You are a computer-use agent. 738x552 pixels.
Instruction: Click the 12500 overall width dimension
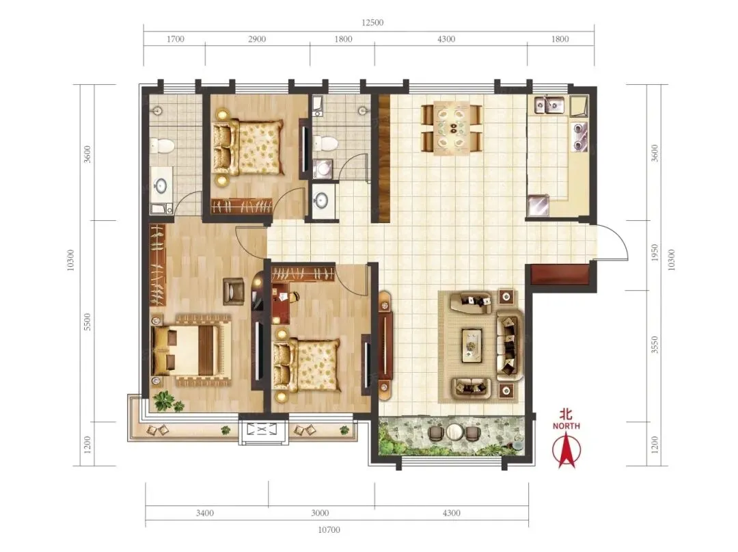[372, 23]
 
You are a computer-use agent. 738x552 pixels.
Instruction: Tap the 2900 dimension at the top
[257, 39]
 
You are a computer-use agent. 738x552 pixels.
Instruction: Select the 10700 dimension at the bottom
[329, 530]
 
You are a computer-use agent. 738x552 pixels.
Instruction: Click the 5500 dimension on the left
[87, 321]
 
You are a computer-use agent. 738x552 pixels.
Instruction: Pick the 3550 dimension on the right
[655, 345]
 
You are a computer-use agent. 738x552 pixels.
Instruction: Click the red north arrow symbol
[566, 450]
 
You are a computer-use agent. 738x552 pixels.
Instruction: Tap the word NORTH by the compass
[566, 425]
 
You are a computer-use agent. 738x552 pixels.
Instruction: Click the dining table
[452, 128]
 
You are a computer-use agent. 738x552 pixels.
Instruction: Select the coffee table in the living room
[471, 345]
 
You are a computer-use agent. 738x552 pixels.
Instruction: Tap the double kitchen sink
[549, 105]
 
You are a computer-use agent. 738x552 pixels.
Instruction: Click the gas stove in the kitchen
[579, 137]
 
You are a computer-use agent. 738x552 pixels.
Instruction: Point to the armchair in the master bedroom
[234, 291]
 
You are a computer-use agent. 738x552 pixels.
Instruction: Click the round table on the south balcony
[455, 432]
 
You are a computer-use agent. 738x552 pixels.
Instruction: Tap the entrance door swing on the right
[614, 241]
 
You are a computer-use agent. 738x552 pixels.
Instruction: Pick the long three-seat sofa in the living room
[508, 345]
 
